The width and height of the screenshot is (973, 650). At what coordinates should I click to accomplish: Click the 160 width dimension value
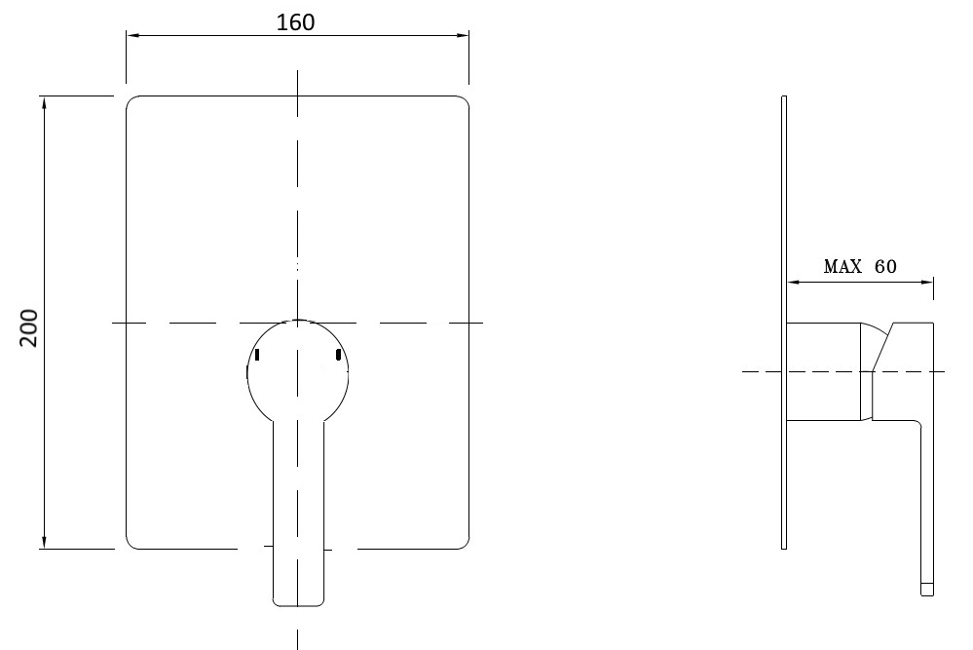[296, 21]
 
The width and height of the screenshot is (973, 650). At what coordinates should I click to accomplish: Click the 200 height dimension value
[29, 328]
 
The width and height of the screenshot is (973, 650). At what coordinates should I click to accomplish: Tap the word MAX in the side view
[842, 266]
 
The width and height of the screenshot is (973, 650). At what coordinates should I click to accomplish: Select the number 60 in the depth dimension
[884, 266]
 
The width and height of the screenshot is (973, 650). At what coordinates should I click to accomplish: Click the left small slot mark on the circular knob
[256, 356]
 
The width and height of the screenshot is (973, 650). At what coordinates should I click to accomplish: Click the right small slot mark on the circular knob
[338, 356]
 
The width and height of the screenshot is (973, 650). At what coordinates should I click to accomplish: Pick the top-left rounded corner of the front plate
[132, 102]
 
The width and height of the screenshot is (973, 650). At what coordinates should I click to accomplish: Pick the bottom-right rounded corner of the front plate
[463, 542]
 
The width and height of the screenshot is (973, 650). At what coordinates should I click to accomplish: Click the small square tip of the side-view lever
[927, 588]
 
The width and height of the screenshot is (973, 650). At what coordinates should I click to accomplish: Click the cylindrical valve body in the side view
[823, 371]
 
